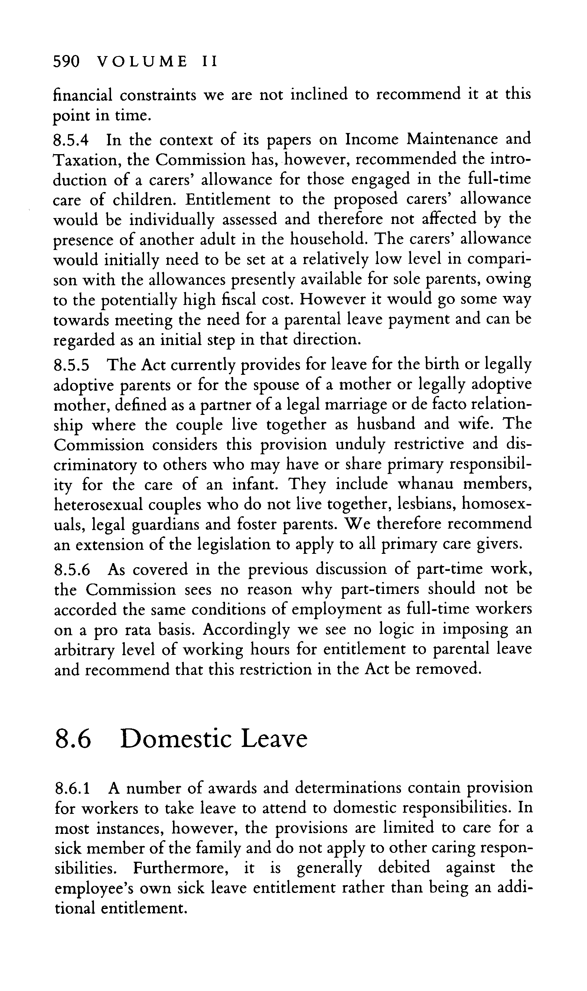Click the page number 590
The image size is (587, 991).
(x=66, y=62)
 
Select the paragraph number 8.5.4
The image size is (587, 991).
(x=72, y=140)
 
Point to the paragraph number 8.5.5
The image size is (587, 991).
(x=72, y=365)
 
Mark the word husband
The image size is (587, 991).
(x=386, y=424)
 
